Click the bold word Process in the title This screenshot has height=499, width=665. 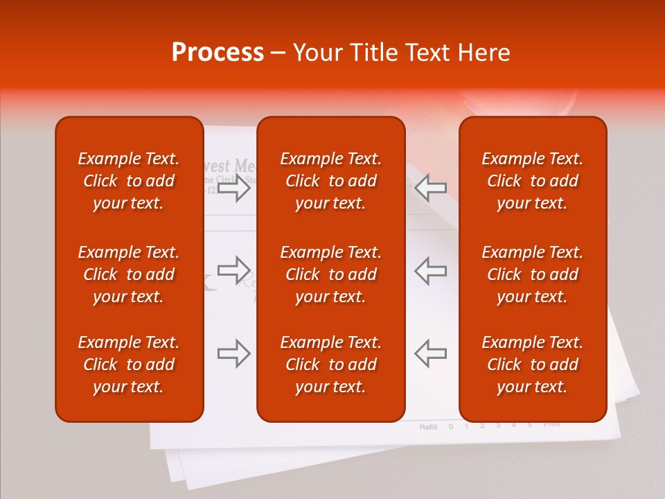pyautogui.click(x=218, y=53)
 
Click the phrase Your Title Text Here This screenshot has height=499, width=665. pyautogui.click(x=402, y=53)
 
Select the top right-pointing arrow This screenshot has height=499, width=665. pyautogui.click(x=234, y=188)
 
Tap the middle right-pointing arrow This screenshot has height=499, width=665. pyautogui.click(x=234, y=270)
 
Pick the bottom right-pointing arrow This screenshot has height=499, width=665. pyautogui.click(x=234, y=353)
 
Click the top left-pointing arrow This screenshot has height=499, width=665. pyautogui.click(x=430, y=188)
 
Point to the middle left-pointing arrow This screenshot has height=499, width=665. pyautogui.click(x=430, y=270)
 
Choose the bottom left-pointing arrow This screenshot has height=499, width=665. pyautogui.click(x=430, y=353)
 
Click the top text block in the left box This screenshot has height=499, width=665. pyautogui.click(x=129, y=181)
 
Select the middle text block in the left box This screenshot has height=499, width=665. pyautogui.click(x=129, y=274)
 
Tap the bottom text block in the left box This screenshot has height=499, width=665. pyautogui.click(x=129, y=365)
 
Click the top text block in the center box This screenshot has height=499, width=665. pyautogui.click(x=330, y=181)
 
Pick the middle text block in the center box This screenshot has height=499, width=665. pyautogui.click(x=330, y=274)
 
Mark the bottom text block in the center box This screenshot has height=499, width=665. pyautogui.click(x=330, y=365)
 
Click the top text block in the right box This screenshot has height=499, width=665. pyautogui.click(x=533, y=181)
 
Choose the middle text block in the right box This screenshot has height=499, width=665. pyautogui.click(x=533, y=274)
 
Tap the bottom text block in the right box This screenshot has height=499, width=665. pyautogui.click(x=533, y=365)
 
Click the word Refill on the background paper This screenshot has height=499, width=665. pyautogui.click(x=429, y=427)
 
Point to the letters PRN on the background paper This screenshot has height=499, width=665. pyautogui.click(x=551, y=423)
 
